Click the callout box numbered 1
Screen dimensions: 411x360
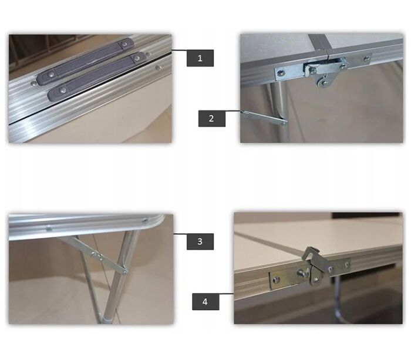click(200, 58)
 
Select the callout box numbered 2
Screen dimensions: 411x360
click(212, 119)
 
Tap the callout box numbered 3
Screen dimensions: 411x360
click(200, 241)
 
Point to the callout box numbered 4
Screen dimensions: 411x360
click(206, 301)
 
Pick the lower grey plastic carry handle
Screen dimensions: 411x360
click(96, 76)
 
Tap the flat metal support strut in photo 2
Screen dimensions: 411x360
click(264, 117)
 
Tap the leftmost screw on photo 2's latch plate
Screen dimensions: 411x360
click(281, 73)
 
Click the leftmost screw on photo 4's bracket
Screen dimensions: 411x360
click(275, 280)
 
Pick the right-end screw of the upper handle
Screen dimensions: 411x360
click(125, 43)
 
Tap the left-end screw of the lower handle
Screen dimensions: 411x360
click(62, 90)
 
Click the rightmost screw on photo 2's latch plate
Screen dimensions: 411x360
click(367, 58)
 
